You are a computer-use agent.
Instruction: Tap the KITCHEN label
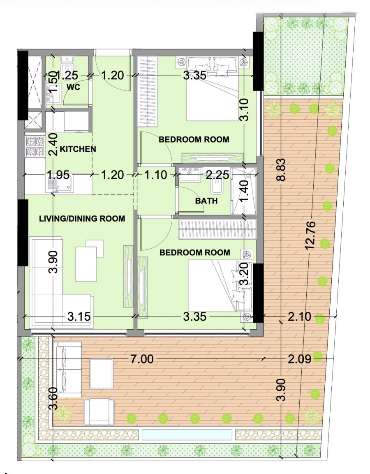click(78, 149)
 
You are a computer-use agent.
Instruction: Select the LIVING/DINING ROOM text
click(82, 218)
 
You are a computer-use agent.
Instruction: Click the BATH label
click(206, 201)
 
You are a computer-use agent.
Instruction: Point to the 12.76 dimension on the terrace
click(311, 235)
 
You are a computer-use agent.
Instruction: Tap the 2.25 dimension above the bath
click(217, 175)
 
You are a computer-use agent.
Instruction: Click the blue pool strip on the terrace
click(187, 435)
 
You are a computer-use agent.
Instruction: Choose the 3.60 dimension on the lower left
click(53, 398)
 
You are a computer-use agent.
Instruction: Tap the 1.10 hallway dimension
click(155, 175)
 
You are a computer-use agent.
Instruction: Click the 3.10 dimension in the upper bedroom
click(244, 109)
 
